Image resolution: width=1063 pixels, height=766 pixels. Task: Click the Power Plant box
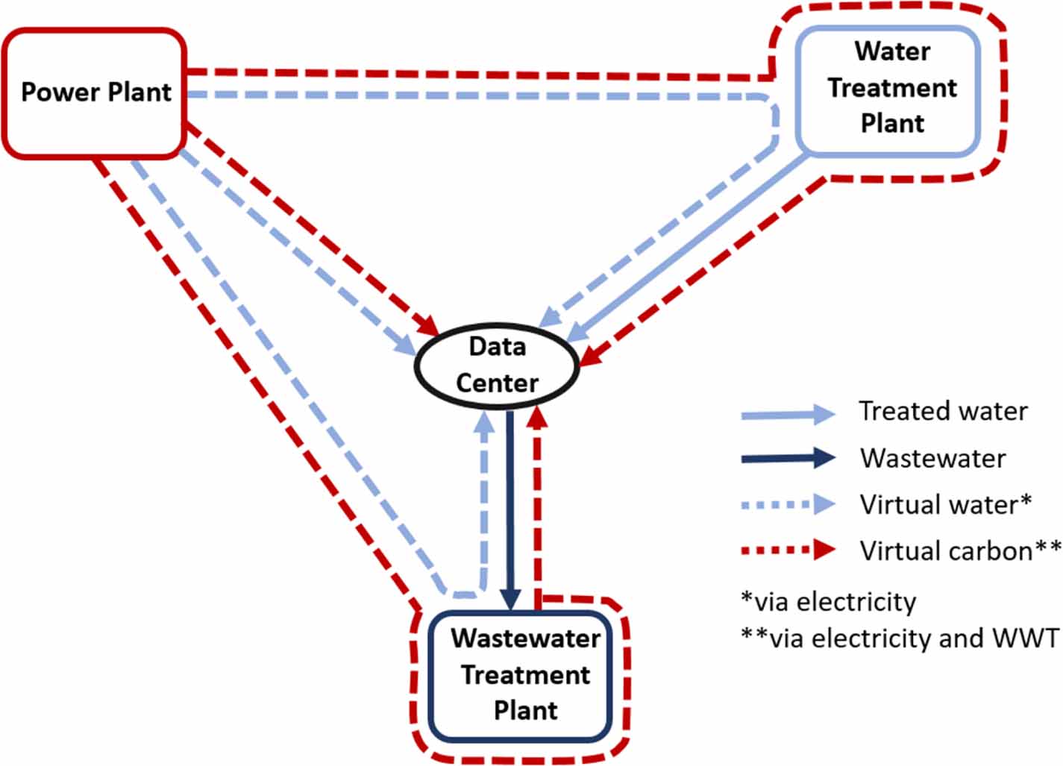coord(95,93)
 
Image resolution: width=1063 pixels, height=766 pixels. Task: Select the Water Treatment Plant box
coord(888,90)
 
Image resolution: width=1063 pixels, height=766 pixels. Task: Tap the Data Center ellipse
coord(497,365)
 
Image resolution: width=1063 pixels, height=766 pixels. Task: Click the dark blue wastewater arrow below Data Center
coord(510,507)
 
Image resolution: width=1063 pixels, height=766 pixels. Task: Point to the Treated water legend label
coord(943,411)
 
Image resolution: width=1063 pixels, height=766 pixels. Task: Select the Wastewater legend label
coord(932,458)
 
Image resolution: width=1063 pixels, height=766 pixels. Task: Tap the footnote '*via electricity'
coord(828,601)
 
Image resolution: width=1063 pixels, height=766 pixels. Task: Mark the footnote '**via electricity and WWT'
coord(900,638)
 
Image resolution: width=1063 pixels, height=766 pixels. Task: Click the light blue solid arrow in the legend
coord(788,414)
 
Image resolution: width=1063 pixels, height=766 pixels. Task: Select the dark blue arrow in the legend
coord(788,458)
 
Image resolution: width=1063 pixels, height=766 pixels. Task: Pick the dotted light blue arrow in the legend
coord(788,504)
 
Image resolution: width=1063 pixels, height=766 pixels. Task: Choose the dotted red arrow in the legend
coord(788,550)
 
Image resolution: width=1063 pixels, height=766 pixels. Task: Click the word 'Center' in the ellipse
coord(497,383)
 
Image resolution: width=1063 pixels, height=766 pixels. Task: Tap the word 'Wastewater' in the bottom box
coord(525,638)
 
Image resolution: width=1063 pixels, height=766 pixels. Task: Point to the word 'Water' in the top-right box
coord(892,51)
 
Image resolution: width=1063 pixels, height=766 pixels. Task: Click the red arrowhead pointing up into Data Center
coord(537,418)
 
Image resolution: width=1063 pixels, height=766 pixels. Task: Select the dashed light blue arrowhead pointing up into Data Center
coord(485,422)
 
